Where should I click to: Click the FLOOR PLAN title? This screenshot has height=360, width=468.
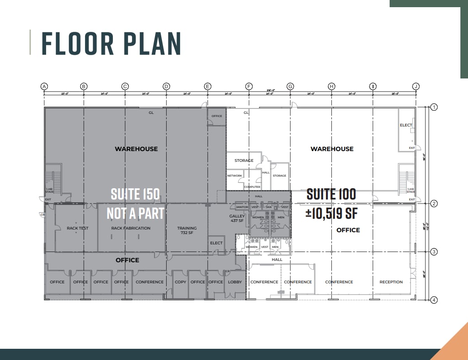pos(111,43)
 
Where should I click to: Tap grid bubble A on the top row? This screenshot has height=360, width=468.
pos(44,86)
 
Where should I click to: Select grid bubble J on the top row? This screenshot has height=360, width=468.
pos(416,86)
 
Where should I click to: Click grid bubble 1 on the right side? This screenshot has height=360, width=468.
pos(434,107)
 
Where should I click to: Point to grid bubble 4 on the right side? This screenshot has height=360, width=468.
pos(434,300)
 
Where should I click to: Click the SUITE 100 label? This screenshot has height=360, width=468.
pos(331,194)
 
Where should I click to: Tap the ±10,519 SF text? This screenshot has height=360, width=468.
pos(331,213)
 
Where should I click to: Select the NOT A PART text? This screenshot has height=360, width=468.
pos(135,213)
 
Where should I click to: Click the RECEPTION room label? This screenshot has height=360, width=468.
pos(391,282)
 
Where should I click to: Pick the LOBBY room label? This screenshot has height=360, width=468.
pos(235,282)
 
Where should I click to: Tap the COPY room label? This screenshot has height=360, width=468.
pos(180,282)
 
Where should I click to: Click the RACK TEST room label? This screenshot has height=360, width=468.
pos(77,228)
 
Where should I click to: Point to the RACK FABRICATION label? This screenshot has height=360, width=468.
pos(131,228)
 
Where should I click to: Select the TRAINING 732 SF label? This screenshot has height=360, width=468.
pos(187,230)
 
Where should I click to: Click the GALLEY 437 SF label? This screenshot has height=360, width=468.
pos(237,218)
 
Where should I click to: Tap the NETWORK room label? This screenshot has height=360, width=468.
pos(235,176)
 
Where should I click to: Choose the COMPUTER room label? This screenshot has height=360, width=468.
pos(252,187)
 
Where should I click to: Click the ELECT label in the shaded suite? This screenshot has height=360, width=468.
pos(216,243)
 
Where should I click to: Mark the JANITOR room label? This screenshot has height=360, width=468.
pos(242,208)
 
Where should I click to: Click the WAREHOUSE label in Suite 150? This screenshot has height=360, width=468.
pos(136,149)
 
